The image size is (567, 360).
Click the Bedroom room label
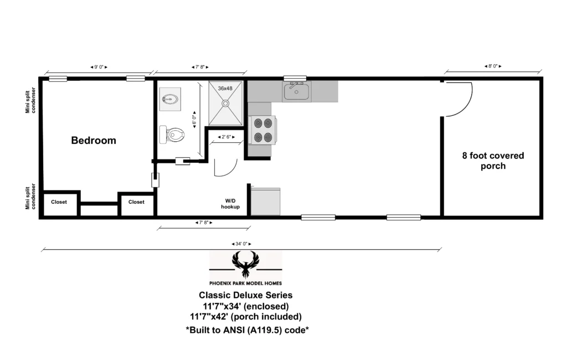[94, 140]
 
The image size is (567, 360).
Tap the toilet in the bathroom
[172, 135]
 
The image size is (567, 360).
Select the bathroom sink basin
[170, 99]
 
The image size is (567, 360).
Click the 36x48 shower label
[225, 88]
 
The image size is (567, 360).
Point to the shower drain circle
[225, 104]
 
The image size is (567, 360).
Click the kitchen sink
[297, 91]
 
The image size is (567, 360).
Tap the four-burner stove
[262, 130]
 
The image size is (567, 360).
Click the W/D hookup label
[230, 204]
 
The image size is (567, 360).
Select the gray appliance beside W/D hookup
[266, 201]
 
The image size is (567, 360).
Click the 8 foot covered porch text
[493, 161]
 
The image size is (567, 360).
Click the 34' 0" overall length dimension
[241, 244]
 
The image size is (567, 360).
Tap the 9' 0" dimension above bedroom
[99, 67]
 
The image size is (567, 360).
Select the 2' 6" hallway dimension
[226, 137]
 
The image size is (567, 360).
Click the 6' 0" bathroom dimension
[194, 120]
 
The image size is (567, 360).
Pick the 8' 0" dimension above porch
[493, 66]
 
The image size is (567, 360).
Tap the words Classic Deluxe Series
[245, 295]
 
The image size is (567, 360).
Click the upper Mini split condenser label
[30, 100]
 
